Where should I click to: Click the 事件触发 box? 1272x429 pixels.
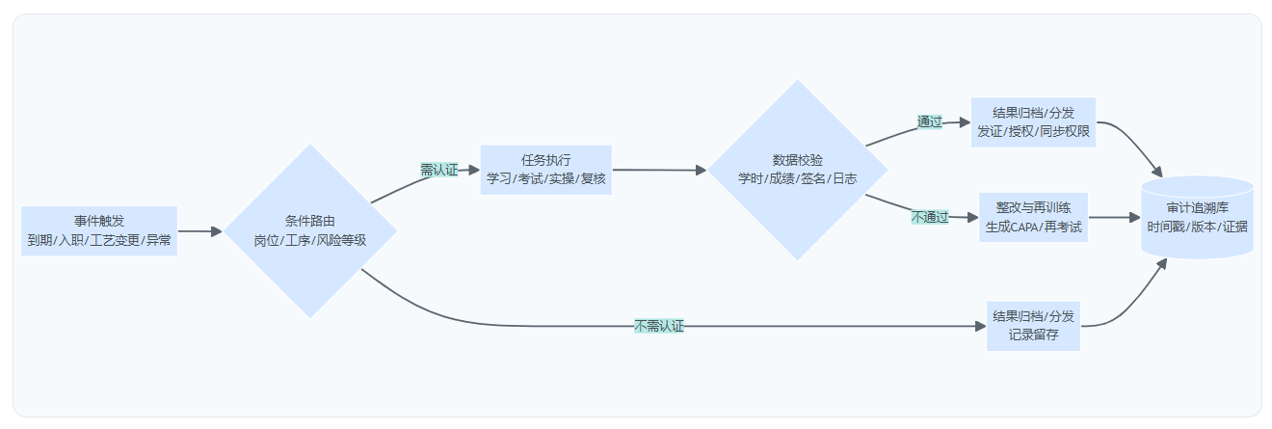coord(99,230)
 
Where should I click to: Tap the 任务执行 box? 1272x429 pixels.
coord(546,170)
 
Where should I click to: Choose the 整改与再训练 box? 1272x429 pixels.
coord(1034,218)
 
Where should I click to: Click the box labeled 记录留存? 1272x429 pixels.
coord(1034,326)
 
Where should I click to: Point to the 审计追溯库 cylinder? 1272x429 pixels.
coord(1197,217)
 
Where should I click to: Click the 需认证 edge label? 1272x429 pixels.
coord(438,170)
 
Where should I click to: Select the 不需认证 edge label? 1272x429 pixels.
coord(659,326)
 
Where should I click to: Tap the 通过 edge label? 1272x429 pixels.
coord(930,122)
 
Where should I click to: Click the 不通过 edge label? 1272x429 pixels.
coord(930,218)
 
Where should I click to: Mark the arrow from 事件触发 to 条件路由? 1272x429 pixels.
coord(199,231)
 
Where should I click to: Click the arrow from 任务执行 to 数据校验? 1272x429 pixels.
coord(659,170)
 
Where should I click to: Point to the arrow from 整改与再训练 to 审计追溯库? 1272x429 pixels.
coord(1114,218)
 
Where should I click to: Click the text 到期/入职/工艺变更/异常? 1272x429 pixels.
coord(99,240)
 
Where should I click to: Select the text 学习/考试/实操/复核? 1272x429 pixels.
coord(546,178)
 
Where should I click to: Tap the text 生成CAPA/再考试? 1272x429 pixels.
coord(1034,228)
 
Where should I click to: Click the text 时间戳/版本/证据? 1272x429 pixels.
coord(1197,227)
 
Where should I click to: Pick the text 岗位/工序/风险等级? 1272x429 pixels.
coord(309,240)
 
